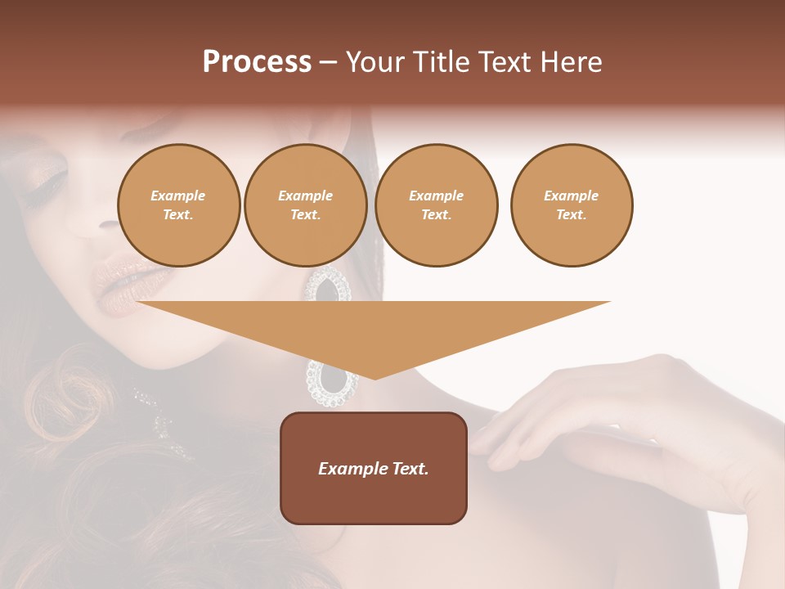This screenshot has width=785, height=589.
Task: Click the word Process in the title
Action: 257,62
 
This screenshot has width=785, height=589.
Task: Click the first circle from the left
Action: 178,205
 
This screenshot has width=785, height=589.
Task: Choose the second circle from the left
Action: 305,205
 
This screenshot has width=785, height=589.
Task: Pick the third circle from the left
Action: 436,205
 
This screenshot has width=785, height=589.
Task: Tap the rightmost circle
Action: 571,205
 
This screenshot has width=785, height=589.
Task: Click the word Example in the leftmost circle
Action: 178,196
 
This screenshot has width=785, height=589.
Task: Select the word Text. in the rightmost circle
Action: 571,215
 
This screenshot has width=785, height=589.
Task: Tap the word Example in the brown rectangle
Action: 353,469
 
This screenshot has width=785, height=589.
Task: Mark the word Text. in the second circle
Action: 305,215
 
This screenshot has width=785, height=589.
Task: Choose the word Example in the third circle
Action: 436,196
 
